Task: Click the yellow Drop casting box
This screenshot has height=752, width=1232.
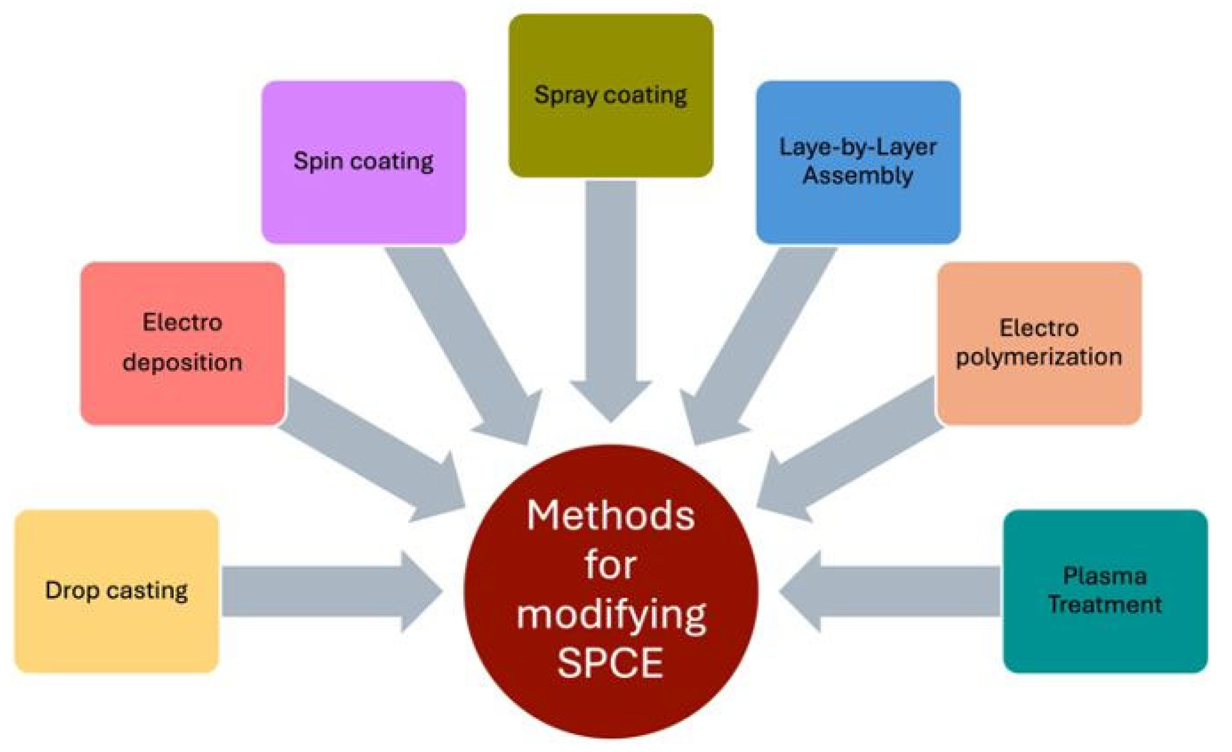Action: [116, 591]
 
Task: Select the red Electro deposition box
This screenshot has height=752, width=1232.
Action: [183, 343]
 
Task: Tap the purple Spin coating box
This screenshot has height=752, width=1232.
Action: [363, 162]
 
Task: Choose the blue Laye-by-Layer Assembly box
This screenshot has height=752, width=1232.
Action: [858, 162]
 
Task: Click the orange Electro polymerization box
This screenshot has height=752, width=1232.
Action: [1039, 343]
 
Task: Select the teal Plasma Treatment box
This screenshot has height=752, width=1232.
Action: [1105, 591]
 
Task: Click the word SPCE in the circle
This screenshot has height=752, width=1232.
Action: [610, 663]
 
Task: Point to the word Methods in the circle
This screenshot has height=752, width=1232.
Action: [610, 516]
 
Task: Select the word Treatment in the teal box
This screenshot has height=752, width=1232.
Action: [1105, 605]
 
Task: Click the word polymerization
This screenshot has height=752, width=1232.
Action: [1039, 357]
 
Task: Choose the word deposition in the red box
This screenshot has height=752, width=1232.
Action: [183, 363]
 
